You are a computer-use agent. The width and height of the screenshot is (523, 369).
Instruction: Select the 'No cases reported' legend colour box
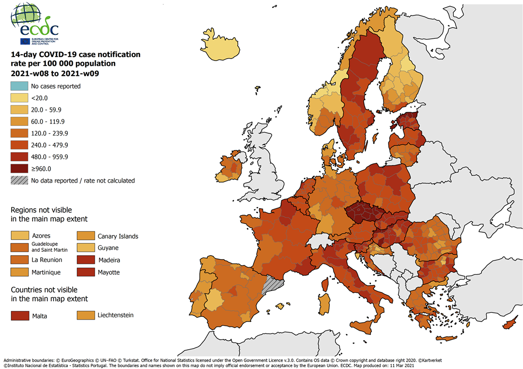click(18, 86)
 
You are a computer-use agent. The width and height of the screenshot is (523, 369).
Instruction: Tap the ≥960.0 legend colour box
click(18, 169)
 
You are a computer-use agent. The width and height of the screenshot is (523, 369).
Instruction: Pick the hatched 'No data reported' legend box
click(18, 181)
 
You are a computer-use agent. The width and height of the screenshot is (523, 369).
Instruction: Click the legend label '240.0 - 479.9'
click(49, 145)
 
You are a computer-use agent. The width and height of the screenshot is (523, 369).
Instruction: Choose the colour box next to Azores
click(18, 236)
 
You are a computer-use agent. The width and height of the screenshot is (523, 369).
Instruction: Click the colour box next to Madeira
click(85, 260)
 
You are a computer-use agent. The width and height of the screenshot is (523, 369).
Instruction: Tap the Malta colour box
click(18, 316)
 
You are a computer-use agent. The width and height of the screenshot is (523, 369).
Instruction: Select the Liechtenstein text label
click(115, 315)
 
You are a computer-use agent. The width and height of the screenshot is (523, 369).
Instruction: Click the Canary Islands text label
click(118, 236)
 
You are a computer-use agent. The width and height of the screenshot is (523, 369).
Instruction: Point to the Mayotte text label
click(108, 272)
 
